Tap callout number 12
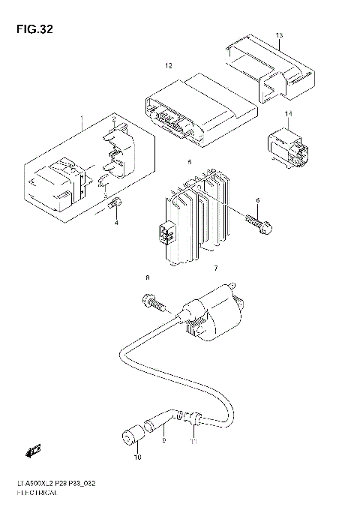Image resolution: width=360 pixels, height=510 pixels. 169,67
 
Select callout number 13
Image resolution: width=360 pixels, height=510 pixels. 279,36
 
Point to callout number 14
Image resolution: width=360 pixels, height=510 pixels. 288,113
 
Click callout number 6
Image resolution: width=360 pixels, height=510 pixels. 257,201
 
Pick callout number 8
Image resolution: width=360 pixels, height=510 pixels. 148,278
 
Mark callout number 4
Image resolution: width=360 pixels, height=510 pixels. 116,223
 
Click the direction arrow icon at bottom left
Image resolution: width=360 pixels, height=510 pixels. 32,452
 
